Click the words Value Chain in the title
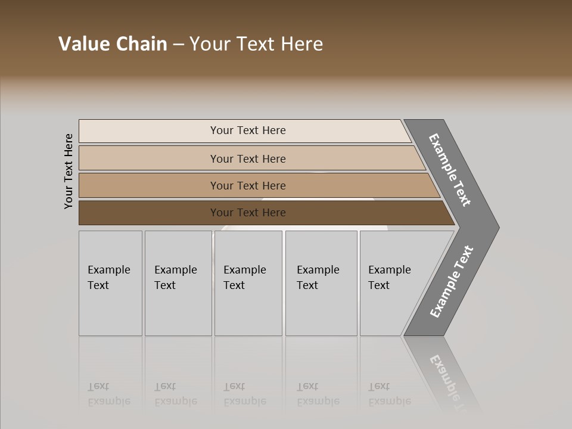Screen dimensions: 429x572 click(x=113, y=44)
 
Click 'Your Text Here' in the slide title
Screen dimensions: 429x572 click(x=256, y=44)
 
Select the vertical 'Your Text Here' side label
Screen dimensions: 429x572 click(x=69, y=171)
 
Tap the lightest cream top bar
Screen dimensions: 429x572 click(x=149, y=131)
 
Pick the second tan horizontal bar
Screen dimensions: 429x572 click(x=149, y=158)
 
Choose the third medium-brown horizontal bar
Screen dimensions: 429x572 click(x=149, y=185)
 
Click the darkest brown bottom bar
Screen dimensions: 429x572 click(x=149, y=213)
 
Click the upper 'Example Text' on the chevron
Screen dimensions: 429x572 click(x=450, y=170)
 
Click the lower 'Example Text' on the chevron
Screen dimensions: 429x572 click(x=452, y=281)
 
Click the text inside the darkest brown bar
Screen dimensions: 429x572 click(x=248, y=213)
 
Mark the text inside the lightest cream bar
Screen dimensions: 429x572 click(x=248, y=130)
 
